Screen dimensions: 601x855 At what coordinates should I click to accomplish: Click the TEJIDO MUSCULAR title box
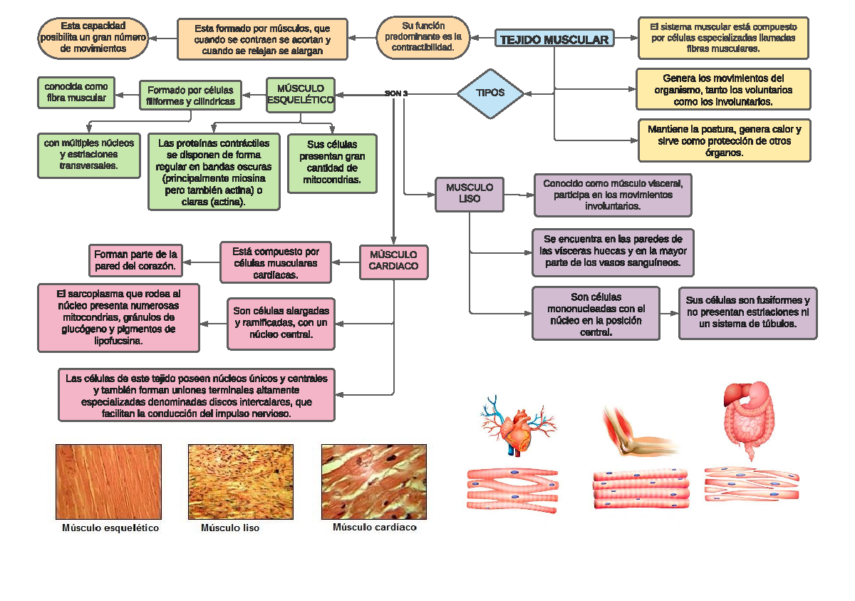554,39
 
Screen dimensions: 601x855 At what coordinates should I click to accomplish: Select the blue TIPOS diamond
490,93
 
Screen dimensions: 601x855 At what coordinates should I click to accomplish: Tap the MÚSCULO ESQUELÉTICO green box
301,94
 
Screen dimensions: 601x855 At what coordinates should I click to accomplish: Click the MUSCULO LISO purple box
470,193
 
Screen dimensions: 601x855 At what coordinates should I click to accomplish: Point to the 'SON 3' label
396,93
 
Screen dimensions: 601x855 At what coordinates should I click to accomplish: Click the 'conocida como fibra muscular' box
76,92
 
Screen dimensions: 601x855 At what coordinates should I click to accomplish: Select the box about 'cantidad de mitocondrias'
332,164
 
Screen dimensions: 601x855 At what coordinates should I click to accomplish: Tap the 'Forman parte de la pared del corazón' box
135,260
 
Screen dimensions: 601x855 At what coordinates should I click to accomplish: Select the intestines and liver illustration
748,421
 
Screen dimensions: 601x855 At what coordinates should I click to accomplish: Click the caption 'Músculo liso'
230,528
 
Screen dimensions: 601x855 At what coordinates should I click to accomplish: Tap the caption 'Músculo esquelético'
110,528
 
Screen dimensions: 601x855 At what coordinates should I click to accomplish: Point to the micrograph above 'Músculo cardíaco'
374,481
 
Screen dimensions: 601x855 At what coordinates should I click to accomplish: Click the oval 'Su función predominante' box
423,38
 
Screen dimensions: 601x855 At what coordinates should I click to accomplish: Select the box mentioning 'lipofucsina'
118,317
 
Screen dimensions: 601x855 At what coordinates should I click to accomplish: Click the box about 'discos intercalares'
197,395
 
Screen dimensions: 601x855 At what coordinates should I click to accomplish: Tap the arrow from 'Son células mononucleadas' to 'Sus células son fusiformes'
668,314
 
